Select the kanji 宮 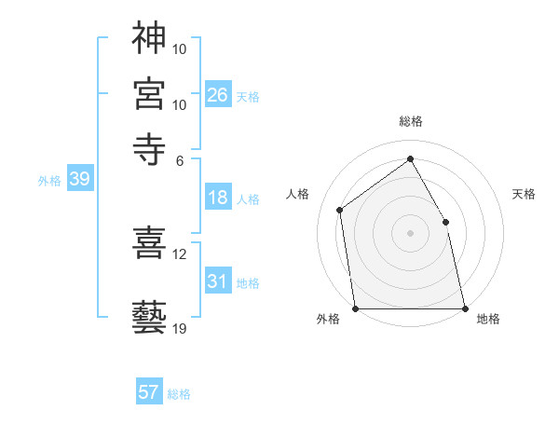point(149,93)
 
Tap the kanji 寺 point(149,149)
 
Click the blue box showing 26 point(218,95)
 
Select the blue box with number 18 point(218,198)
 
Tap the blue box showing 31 point(218,281)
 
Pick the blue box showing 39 point(79,180)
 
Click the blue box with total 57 point(149,392)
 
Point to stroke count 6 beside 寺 point(180,159)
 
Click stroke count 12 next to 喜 point(180,253)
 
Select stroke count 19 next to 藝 point(180,328)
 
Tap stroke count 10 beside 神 point(180,48)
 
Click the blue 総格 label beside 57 point(180,394)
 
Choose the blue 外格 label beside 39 point(49,181)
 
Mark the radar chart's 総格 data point point(410,158)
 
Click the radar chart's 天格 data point point(445,222)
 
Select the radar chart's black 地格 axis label point(488,319)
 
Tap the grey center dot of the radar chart point(410,233)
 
